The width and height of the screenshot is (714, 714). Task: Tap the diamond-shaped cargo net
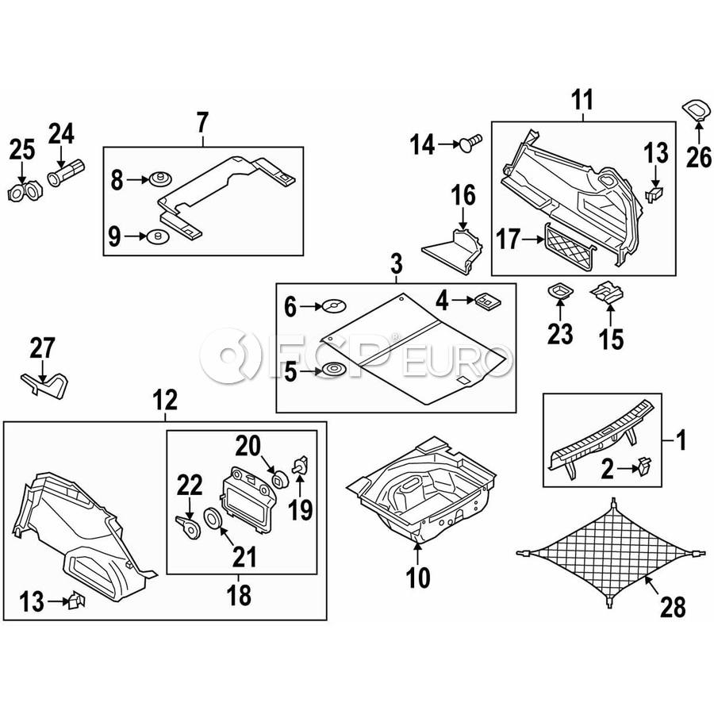(x=609, y=553)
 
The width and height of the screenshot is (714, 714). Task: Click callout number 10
(x=417, y=578)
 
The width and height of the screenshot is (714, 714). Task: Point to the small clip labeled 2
(x=643, y=467)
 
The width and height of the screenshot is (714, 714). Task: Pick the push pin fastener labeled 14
(x=470, y=144)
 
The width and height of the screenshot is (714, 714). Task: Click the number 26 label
(x=699, y=157)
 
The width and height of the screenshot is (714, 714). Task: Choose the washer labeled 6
(x=334, y=305)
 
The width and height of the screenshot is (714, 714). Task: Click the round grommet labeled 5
(x=334, y=368)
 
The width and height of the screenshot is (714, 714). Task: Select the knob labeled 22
(x=186, y=526)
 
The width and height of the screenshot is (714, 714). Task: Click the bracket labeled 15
(x=607, y=294)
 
